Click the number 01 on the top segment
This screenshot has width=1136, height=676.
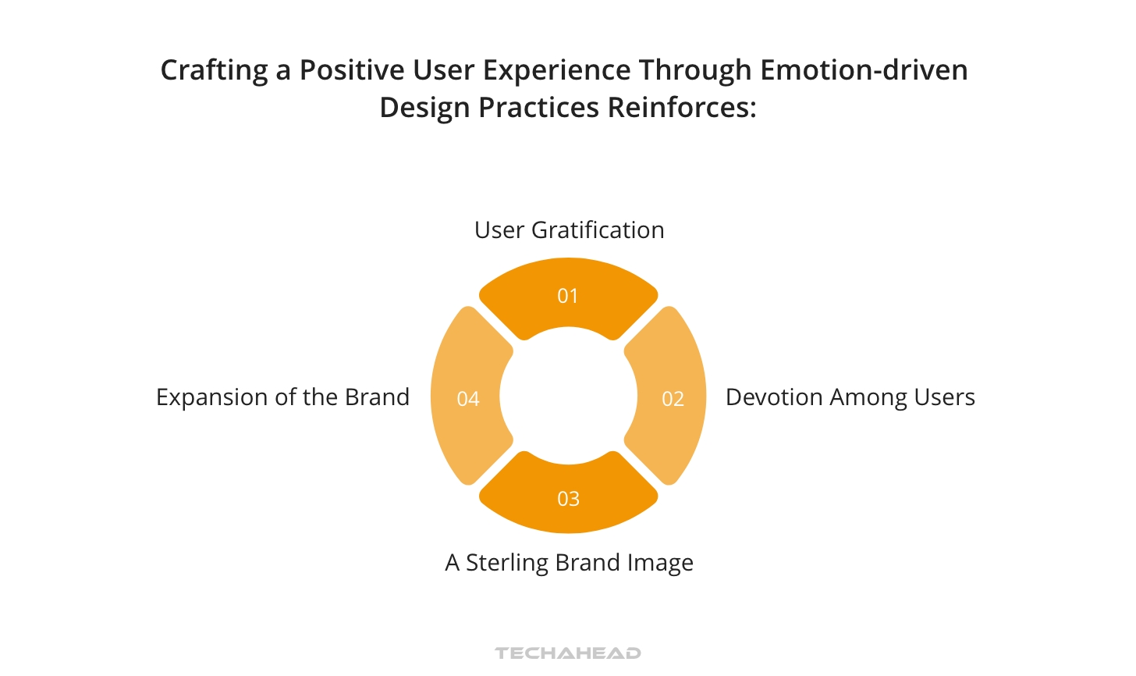(x=567, y=296)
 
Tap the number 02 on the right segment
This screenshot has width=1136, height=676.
(x=673, y=399)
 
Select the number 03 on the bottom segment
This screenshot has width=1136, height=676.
(x=568, y=499)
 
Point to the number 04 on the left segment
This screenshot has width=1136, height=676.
(x=467, y=399)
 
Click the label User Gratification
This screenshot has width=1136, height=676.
(x=569, y=230)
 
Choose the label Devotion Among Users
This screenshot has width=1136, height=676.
(x=850, y=397)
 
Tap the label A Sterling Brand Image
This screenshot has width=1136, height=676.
(x=569, y=563)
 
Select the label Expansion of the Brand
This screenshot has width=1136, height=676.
(x=282, y=397)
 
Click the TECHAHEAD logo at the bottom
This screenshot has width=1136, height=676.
(x=568, y=653)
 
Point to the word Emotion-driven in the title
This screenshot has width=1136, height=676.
(x=864, y=70)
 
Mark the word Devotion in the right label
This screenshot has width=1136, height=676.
(x=774, y=397)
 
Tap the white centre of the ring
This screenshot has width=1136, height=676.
(x=568, y=396)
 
